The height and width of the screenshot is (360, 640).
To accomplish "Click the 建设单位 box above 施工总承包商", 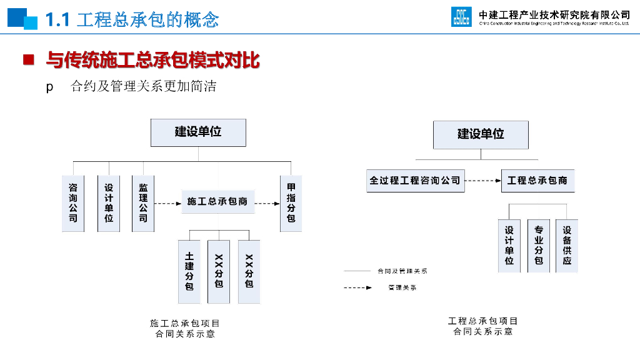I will tap(198, 132).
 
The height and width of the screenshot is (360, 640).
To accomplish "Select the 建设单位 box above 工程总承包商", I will tap(481, 134).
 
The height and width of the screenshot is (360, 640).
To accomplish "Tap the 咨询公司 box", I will tap(73, 203).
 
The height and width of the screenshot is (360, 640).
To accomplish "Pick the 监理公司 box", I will tap(143, 203).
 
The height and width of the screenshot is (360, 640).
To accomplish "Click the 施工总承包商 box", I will tap(217, 202).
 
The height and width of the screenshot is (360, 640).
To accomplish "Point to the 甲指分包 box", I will tap(291, 203).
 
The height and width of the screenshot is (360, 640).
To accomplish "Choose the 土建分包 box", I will tap(189, 271).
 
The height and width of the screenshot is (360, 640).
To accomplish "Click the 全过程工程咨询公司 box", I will tap(415, 181).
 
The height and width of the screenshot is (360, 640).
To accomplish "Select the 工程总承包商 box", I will tap(537, 181).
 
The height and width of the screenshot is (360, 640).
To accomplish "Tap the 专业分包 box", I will tap(538, 246).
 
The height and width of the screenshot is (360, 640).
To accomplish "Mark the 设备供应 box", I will tap(567, 246).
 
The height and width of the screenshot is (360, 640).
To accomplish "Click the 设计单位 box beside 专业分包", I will tap(509, 246).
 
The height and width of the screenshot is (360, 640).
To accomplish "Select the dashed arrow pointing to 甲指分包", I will tap(267, 203).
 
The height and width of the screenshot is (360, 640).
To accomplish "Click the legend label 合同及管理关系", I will tap(402, 271).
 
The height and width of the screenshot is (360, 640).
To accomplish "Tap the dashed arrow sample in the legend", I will tap(358, 288).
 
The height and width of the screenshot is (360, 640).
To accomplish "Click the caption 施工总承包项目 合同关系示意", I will tap(185, 329).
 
